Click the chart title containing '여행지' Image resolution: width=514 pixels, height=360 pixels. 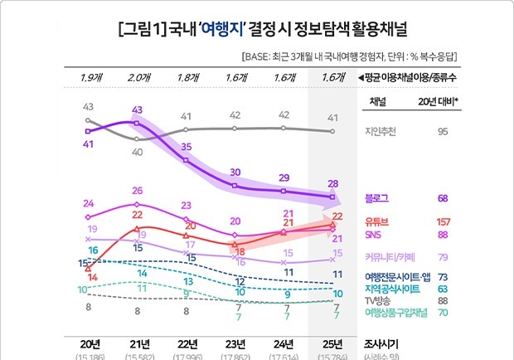256,35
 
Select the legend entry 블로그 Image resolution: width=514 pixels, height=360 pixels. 378,198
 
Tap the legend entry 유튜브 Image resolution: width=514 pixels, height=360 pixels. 378,221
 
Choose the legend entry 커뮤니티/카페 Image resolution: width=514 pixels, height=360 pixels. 390,257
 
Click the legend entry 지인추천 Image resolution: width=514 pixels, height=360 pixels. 382,130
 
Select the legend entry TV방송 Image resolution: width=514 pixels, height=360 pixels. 380,300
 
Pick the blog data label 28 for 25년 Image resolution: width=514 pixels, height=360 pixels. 332,184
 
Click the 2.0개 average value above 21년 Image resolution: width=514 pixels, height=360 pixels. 137,78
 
